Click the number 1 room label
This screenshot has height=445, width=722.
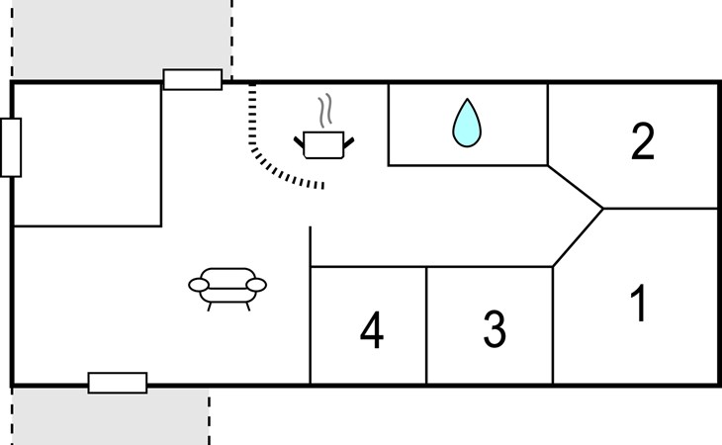tap(640, 304)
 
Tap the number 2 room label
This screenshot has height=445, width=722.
tap(643, 142)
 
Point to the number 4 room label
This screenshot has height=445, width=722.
tap(371, 330)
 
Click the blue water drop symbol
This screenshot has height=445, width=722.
tap(467, 124)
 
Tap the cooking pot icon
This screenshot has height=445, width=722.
tap(322, 144)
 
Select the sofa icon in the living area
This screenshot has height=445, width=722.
tap(227, 286)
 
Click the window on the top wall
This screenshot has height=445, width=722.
tap(192, 79)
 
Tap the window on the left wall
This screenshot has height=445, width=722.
tap(11, 147)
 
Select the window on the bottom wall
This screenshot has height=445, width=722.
tap(118, 383)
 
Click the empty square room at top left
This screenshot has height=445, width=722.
tap(87, 154)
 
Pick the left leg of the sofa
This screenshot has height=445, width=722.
tap(210, 305)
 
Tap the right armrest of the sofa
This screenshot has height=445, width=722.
tap(256, 285)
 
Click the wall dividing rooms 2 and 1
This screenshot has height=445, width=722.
tap(661, 209)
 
